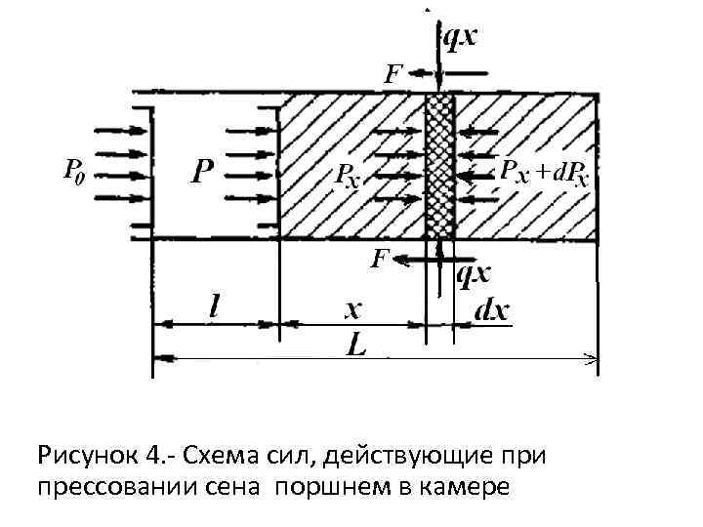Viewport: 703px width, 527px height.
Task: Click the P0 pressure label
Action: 73,171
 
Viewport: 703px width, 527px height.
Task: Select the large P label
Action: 202,174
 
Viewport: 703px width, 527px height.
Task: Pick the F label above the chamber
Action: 393,72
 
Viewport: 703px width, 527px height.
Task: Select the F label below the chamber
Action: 382,258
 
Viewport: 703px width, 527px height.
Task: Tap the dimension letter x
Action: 352,309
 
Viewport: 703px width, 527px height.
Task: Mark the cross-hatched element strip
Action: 440,166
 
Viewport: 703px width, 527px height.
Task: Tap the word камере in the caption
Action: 465,487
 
